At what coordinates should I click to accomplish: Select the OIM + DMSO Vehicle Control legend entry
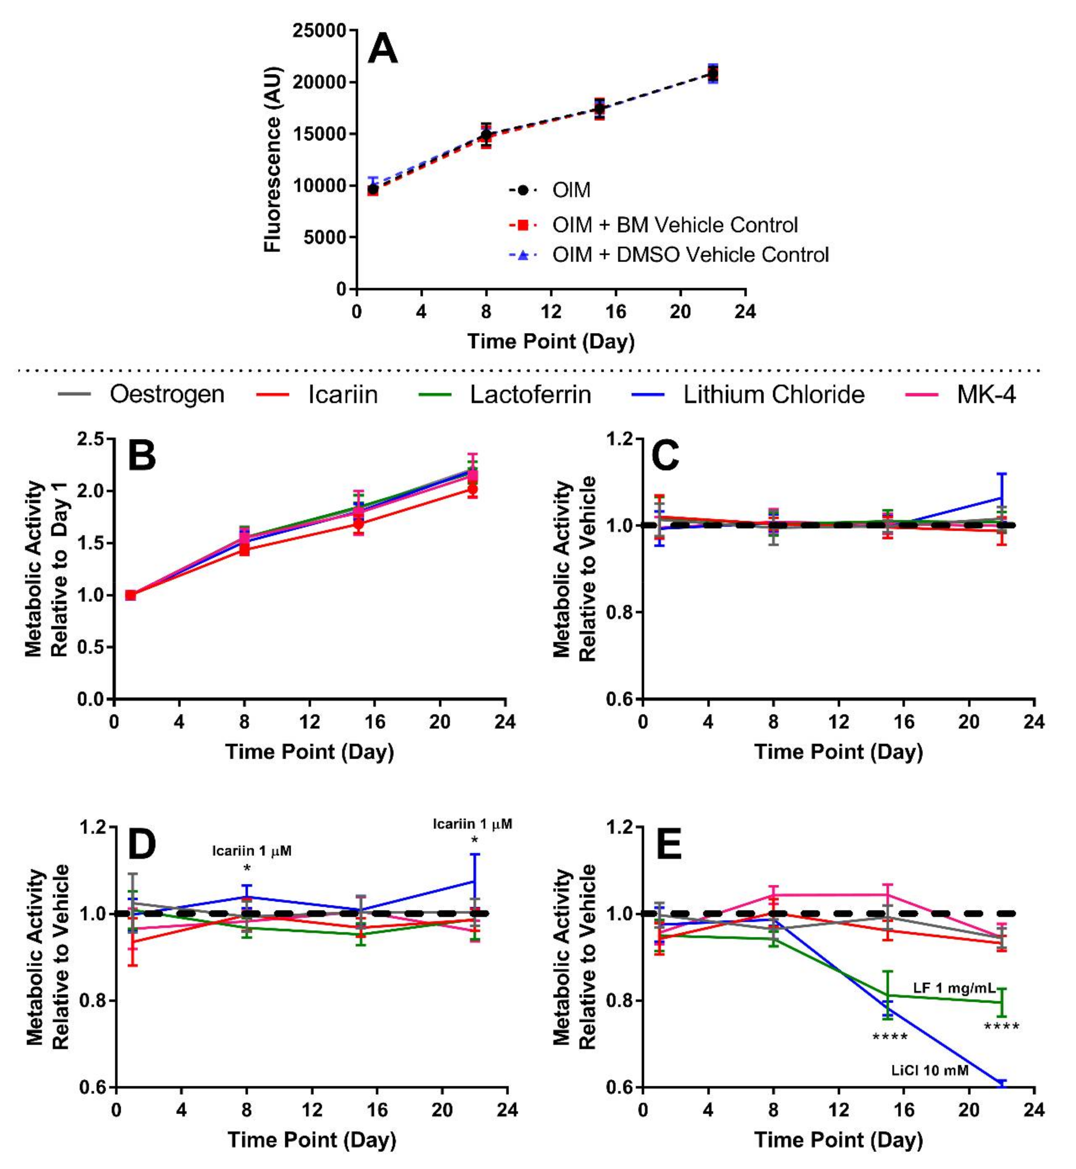coord(690,255)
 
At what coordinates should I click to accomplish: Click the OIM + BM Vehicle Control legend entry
coord(674,225)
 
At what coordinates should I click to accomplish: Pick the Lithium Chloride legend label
coord(773,395)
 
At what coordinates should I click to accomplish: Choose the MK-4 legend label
coord(986,395)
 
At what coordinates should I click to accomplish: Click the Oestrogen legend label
coord(167,395)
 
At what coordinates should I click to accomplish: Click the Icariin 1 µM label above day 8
coord(251,851)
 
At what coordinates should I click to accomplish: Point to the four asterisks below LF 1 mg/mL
coord(1001,1027)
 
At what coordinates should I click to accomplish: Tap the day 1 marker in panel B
coord(130,595)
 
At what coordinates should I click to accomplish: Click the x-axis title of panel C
coord(838,752)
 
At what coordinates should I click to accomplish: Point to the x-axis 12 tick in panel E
coord(838,1110)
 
